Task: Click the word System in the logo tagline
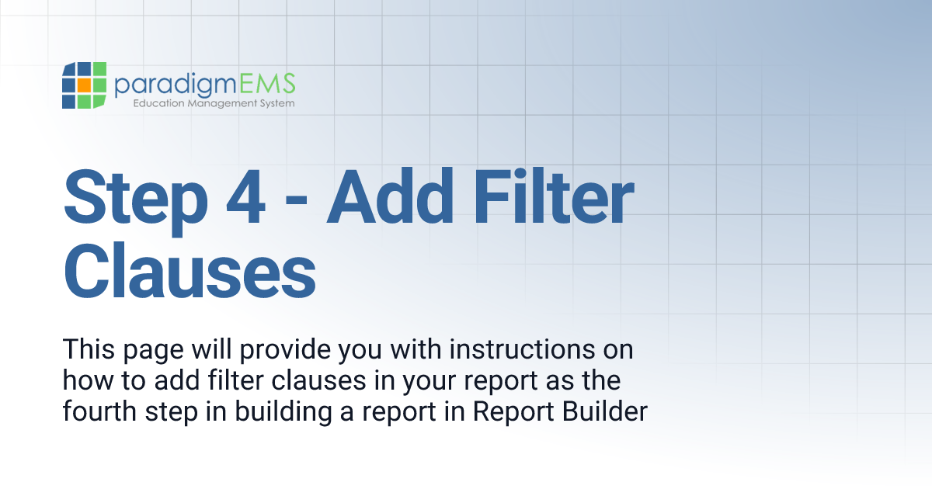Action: click(x=276, y=103)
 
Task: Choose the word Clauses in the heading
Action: click(x=190, y=271)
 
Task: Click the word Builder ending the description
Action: click(x=607, y=411)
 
